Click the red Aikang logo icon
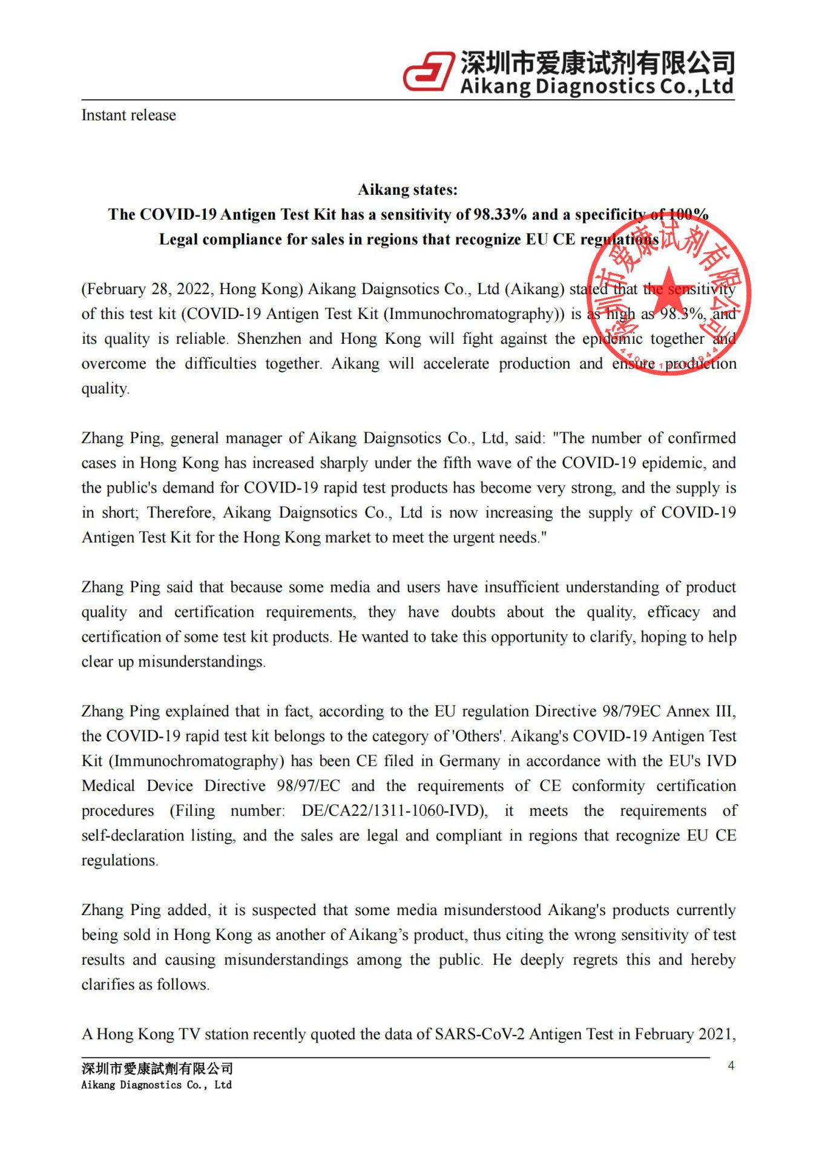click(429, 71)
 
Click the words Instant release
click(128, 115)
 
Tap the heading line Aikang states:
click(407, 189)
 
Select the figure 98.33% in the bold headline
click(501, 214)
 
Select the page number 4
click(731, 1066)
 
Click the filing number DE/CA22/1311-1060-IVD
click(393, 810)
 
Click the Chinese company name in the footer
click(157, 1069)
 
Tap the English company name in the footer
click(156, 1085)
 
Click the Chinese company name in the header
click(597, 62)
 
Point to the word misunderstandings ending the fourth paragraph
click(201, 661)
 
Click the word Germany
click(470, 761)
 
